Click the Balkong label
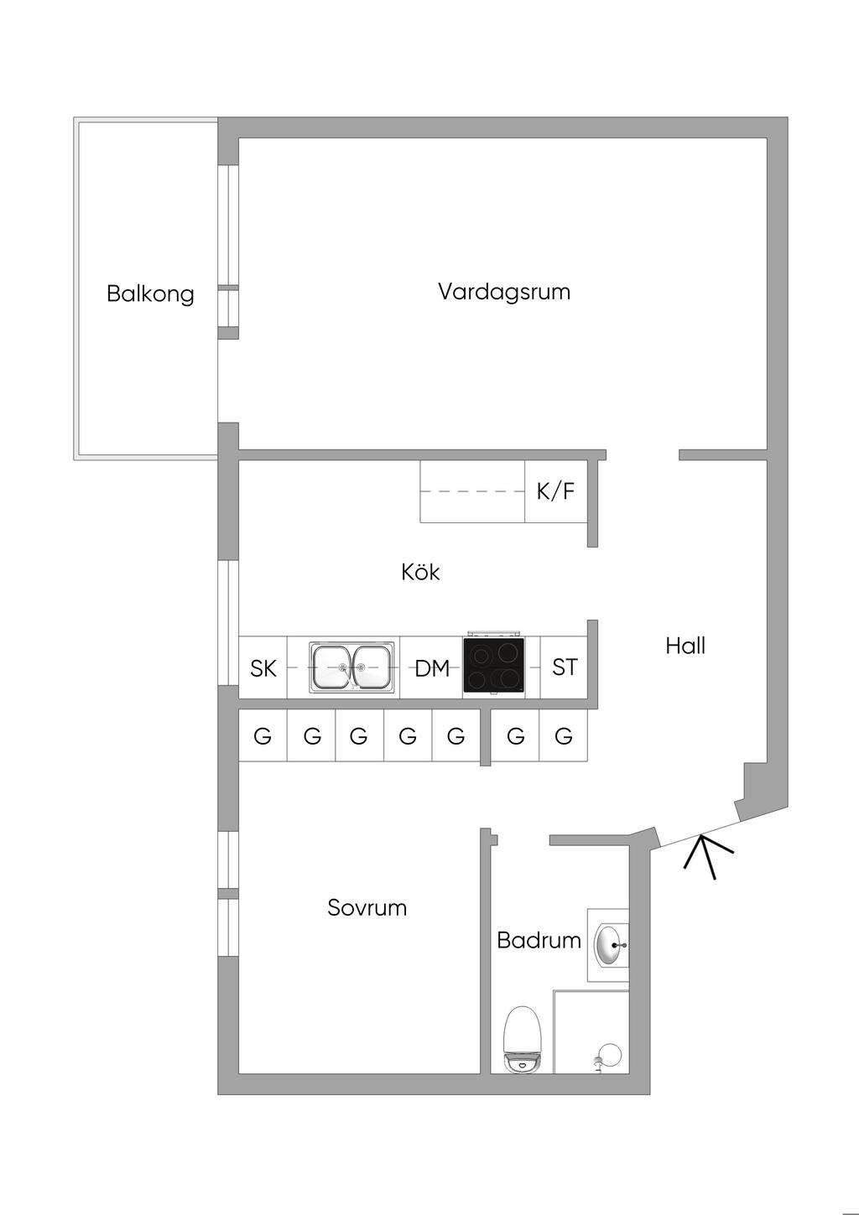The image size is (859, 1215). tap(150, 294)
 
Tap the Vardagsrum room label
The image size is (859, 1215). tap(503, 292)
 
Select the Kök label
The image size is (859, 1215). tap(420, 572)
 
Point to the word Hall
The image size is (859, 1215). tap(685, 646)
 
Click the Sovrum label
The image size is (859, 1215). tap(367, 907)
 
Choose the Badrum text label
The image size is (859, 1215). tap(539, 940)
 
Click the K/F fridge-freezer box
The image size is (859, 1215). tap(555, 491)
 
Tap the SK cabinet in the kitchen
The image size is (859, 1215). tap(263, 667)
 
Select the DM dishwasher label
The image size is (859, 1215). tap(432, 668)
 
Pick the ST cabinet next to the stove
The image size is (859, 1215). tap(565, 667)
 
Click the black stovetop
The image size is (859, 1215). tap(494, 666)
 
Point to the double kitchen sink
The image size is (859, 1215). tap(351, 667)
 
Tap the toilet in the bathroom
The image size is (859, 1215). tap(520, 1040)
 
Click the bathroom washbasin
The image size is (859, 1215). tap(610, 944)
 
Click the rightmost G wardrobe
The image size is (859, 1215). tap(564, 736)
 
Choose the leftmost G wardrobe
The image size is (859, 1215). tap(263, 736)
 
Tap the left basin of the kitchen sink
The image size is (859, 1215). tap(331, 667)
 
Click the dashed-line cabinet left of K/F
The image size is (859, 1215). tap(472, 491)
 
